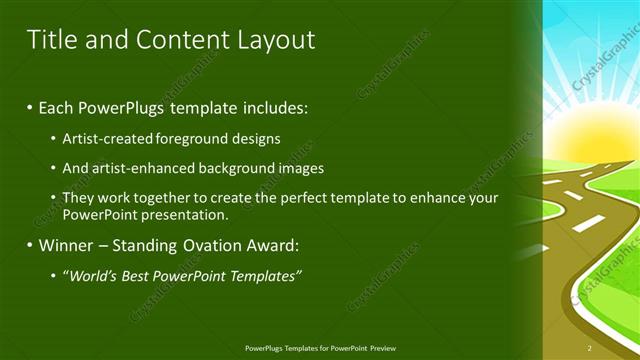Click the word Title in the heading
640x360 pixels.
click(x=50, y=40)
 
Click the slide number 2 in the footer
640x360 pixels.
click(x=590, y=348)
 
